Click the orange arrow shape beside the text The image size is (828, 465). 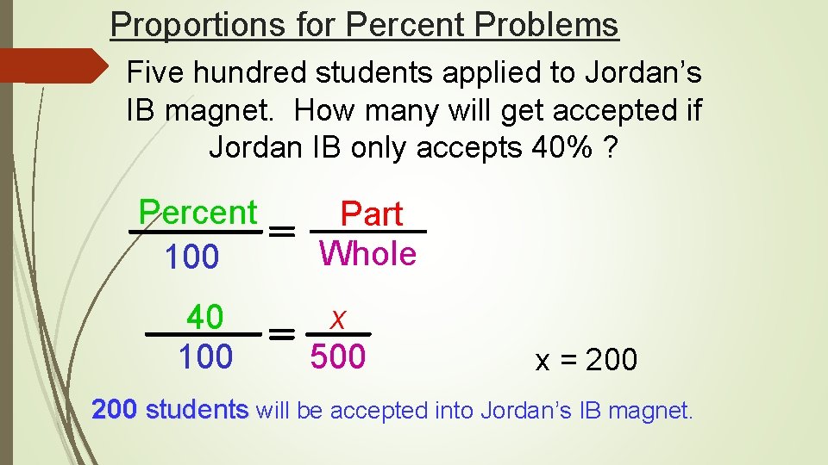[x=52, y=65]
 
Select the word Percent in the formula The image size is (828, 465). [x=198, y=212]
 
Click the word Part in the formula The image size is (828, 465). [x=372, y=214]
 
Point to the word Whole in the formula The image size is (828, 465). [x=367, y=253]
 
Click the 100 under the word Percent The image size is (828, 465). [x=191, y=257]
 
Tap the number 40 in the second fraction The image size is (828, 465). [x=205, y=318]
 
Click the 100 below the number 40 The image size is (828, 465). [x=205, y=356]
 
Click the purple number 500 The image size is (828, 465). [x=338, y=356]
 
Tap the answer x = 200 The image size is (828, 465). [x=586, y=360]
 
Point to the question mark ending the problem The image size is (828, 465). [x=611, y=148]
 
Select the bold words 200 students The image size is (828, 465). [x=170, y=410]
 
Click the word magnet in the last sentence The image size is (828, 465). [x=652, y=411]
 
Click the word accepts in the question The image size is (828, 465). [x=469, y=148]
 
